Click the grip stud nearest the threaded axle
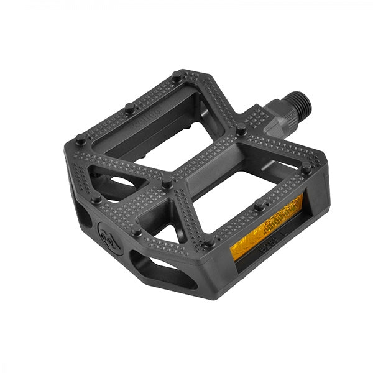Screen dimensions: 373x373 pyautogui.click(x=240, y=131)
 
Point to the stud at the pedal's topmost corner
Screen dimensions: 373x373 pyautogui.click(x=177, y=77)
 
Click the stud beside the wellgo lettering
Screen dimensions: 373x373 pyautogui.click(x=129, y=108)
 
